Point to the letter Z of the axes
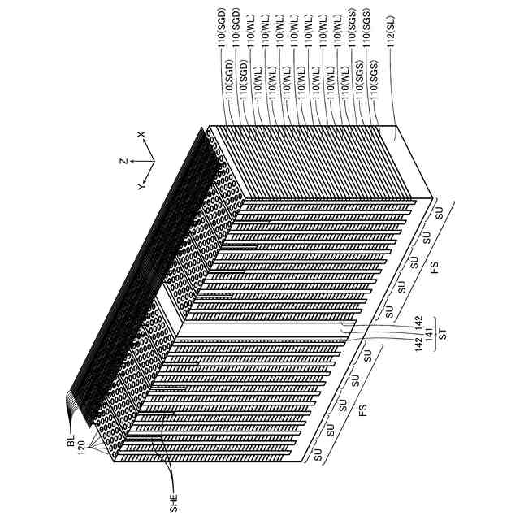(x=123, y=160)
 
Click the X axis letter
(x=140, y=135)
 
